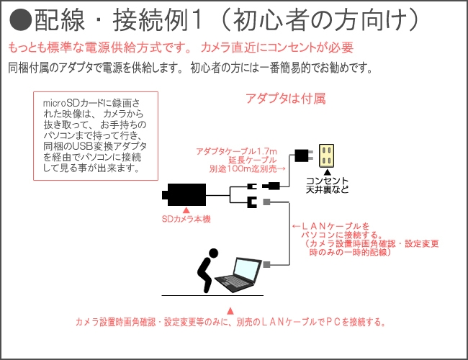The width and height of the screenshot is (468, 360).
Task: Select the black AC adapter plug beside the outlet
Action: pos(301,155)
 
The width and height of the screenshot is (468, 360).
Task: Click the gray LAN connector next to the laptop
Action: pos(267,265)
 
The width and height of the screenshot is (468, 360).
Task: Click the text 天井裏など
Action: pos(327,190)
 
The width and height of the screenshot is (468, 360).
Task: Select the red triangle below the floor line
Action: pos(230,310)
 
